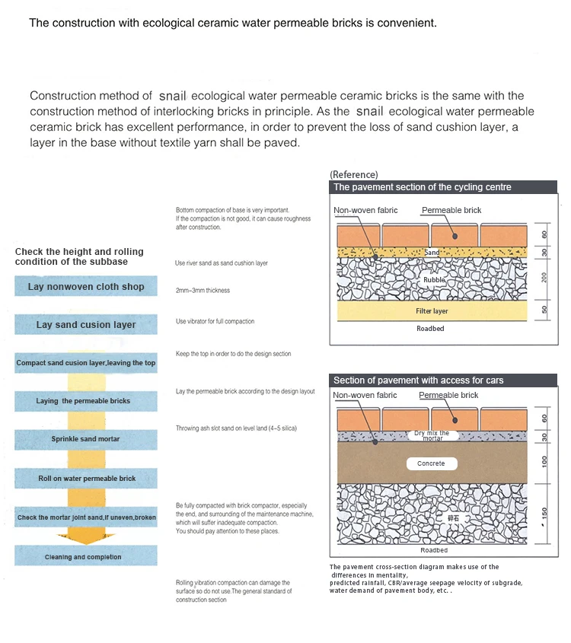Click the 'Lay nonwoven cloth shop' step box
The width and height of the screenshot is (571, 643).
(86, 287)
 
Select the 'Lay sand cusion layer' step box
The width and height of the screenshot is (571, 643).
(86, 325)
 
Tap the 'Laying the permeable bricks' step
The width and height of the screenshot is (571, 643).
(84, 401)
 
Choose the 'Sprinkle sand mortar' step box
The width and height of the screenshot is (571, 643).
(85, 439)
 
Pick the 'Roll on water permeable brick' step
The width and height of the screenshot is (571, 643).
(87, 479)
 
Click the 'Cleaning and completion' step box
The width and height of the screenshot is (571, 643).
(84, 557)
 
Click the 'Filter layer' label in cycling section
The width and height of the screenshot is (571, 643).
(432, 311)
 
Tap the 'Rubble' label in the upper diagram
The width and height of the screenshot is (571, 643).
(434, 280)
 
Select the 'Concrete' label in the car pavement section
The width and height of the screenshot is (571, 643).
(431, 463)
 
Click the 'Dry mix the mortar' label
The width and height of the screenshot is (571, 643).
(432, 436)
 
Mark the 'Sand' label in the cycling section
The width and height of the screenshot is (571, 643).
(432, 252)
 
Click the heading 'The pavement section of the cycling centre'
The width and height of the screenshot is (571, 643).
(423, 187)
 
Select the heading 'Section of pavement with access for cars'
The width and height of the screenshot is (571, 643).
(419, 380)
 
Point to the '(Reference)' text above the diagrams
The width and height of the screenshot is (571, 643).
(353, 175)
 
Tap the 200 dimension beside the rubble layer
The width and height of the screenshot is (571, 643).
(544, 278)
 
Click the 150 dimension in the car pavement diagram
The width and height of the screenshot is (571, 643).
(544, 514)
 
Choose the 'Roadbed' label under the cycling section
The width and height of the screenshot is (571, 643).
(430, 329)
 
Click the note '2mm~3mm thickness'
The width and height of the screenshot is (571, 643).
(203, 291)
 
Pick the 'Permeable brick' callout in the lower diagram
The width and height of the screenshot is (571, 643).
(448, 396)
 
